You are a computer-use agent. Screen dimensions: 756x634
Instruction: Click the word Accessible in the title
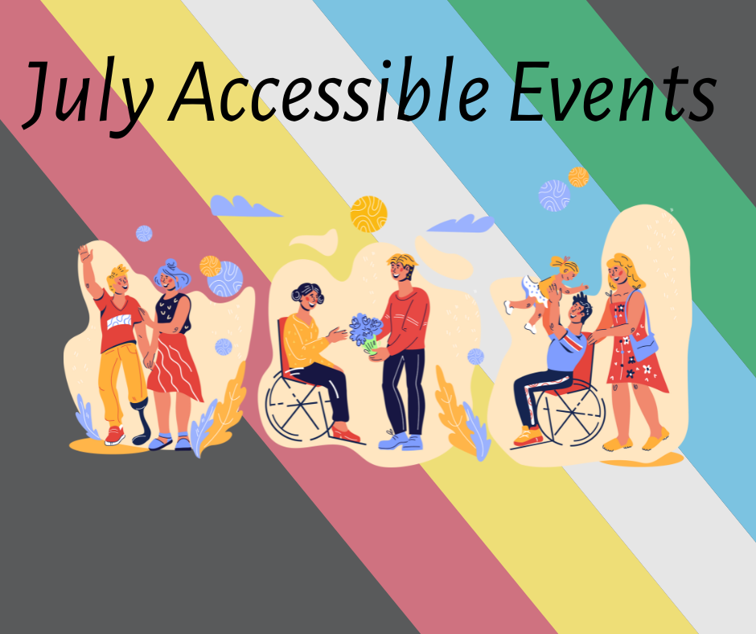329,91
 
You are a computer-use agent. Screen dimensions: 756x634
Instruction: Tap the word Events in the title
613,91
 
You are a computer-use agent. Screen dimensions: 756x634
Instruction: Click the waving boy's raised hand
85,253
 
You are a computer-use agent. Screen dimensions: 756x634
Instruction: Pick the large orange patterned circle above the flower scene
369,214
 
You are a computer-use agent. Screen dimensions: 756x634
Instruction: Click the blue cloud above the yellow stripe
245,206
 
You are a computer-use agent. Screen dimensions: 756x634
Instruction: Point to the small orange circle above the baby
578,177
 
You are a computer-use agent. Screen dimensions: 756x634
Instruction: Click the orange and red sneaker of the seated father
528,436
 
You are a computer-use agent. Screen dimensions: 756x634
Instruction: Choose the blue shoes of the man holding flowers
401,441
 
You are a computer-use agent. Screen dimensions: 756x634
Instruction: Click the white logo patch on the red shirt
119,321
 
